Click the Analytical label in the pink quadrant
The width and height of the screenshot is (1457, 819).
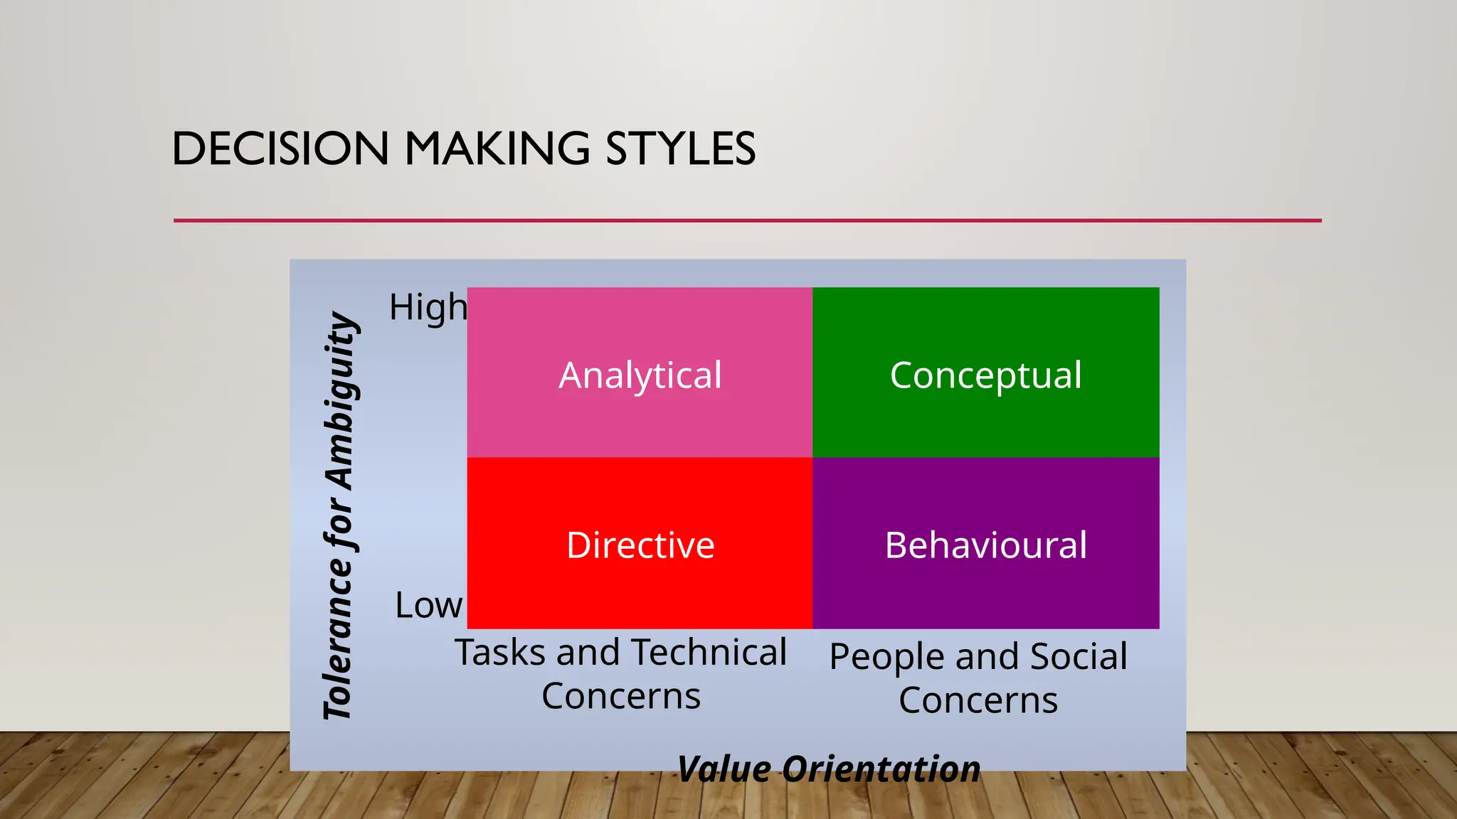click(x=640, y=375)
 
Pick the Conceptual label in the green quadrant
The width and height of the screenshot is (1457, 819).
click(x=985, y=375)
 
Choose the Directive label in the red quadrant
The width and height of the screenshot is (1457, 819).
click(x=640, y=545)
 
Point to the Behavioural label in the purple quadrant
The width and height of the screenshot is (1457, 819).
click(x=985, y=545)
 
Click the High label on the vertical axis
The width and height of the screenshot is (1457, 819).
click(x=428, y=308)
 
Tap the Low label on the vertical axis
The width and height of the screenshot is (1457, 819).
click(x=428, y=605)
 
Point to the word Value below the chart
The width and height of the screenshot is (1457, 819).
click(x=724, y=769)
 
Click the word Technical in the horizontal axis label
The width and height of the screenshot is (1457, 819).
click(x=709, y=653)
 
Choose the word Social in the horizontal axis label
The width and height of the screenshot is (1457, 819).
click(x=1079, y=656)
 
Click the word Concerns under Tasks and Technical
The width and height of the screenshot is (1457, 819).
click(x=621, y=696)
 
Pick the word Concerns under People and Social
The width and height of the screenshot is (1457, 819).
click(x=978, y=700)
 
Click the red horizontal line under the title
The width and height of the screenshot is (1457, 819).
click(x=747, y=220)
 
